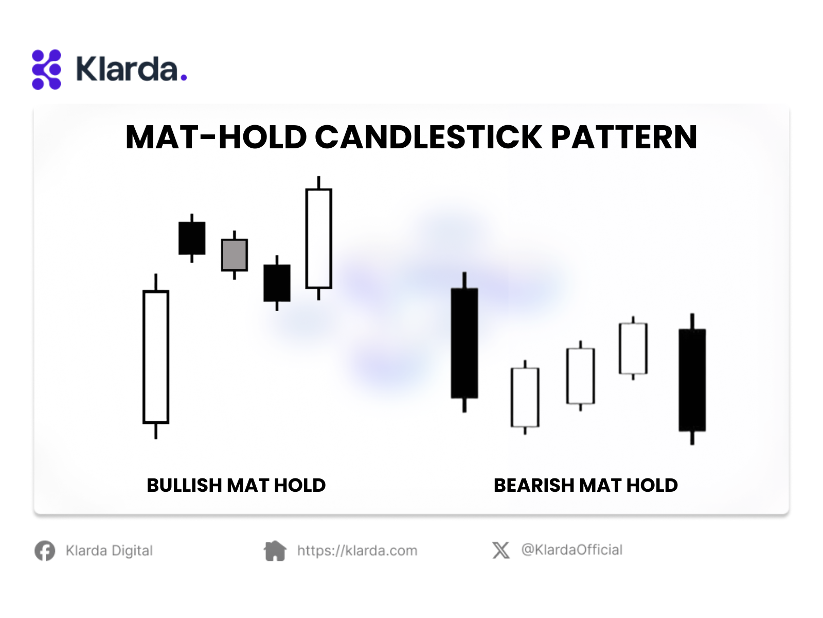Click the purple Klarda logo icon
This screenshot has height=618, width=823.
point(46,70)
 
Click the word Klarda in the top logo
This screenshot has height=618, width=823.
point(127,68)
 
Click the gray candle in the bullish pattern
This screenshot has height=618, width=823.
point(235,255)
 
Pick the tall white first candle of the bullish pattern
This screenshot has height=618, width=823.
point(156,356)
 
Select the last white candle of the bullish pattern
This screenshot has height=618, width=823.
point(319,238)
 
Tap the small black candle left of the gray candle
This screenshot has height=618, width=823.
point(191,238)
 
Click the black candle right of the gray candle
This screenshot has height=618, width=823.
point(277,283)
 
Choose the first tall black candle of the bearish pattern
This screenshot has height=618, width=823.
point(464,342)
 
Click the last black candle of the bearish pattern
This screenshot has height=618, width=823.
point(692,380)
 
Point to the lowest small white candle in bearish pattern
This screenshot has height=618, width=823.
point(525,398)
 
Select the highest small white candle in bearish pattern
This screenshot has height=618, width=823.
point(633,348)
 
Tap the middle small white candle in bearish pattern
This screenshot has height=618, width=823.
point(580,376)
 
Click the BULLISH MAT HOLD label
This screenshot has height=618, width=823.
point(236,485)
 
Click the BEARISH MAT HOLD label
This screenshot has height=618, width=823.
point(586,485)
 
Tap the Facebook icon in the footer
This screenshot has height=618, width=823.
point(45,551)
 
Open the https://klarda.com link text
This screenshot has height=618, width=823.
point(357,551)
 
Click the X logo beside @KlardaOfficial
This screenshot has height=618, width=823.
point(501,550)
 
